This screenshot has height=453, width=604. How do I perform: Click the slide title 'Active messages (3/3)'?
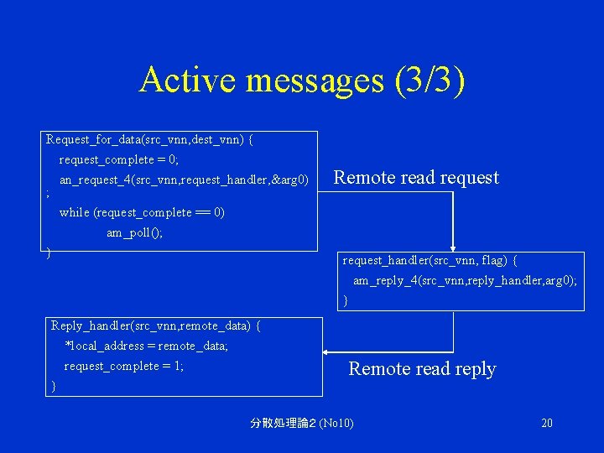click(x=302, y=81)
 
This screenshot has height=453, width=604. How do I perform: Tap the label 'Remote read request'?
click(x=416, y=178)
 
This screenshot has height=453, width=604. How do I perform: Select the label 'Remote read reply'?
click(x=422, y=369)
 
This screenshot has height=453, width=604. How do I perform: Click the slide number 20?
click(x=547, y=423)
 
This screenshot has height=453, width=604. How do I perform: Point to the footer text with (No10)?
click(x=302, y=423)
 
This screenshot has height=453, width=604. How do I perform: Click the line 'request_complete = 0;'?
click(x=118, y=159)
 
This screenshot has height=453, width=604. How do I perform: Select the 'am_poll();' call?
click(x=134, y=233)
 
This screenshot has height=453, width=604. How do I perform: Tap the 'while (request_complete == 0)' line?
click(x=142, y=212)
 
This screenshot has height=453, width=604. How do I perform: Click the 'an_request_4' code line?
click(x=184, y=180)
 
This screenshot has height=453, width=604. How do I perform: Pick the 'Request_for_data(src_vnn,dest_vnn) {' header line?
click(x=149, y=139)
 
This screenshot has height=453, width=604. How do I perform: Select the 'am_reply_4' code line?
click(x=464, y=281)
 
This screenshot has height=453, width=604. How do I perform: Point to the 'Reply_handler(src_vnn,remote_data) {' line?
click(x=155, y=325)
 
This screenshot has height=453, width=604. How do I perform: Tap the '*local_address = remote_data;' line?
click(x=146, y=346)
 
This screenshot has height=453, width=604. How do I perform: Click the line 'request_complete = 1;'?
click(x=123, y=366)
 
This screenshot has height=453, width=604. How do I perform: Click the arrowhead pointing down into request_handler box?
click(x=453, y=245)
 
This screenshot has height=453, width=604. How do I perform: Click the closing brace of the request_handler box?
click(x=346, y=300)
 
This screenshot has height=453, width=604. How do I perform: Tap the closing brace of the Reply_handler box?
click(x=54, y=386)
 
